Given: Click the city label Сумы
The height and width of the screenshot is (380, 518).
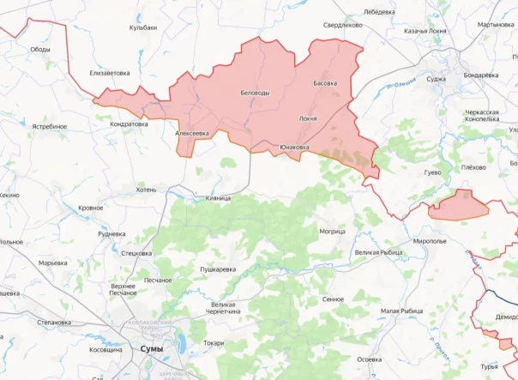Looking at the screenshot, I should point(151,349).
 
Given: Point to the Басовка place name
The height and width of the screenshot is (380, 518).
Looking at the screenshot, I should point(325,83).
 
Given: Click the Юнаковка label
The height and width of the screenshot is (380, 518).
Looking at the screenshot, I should point(294,148).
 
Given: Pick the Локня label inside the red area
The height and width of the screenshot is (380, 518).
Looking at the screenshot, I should point(307,118).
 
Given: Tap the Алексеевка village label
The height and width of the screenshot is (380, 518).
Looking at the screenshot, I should point(192,134).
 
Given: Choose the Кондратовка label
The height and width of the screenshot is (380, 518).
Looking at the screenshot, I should point(129,124).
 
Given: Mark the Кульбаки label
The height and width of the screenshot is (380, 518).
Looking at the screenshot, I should point(143,27).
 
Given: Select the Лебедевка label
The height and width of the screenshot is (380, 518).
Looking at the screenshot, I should point(379,12).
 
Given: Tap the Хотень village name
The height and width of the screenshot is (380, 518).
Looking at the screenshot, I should point(146,190).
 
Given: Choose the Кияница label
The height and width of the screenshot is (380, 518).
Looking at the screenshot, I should point(218,198).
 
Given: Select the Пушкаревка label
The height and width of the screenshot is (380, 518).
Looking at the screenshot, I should point(218,269).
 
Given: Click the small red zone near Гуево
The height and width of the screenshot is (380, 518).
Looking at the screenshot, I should point(460,206).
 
